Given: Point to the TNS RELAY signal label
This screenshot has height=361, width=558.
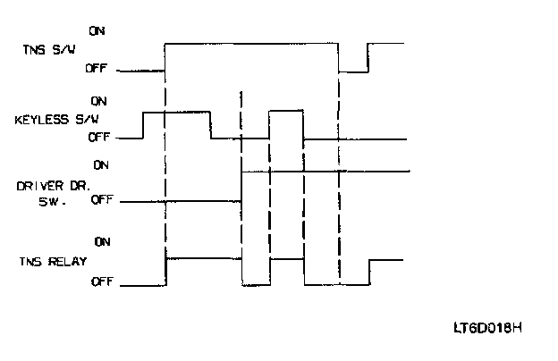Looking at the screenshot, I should point(49,262).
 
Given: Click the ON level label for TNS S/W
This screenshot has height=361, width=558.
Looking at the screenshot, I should point(97,30).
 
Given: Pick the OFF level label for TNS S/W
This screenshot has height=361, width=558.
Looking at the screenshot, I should point(97,68).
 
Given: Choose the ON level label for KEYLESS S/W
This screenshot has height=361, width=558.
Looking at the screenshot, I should point(101,101).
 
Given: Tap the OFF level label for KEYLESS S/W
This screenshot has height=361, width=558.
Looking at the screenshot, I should point(99,137).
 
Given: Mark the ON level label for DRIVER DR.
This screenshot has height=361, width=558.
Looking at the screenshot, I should point(101,164).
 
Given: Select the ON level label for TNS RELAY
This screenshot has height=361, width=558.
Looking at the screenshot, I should point(102,241).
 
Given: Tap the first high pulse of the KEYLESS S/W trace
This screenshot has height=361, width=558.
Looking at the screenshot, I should point(176,113).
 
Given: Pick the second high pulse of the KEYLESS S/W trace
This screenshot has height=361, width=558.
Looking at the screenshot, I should point(286,112).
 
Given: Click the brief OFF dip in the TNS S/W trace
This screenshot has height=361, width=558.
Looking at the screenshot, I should point(353,71).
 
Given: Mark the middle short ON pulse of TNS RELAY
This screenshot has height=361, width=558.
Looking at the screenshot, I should point(286,260).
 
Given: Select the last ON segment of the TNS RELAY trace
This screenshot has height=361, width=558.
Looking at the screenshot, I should point(386,260).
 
